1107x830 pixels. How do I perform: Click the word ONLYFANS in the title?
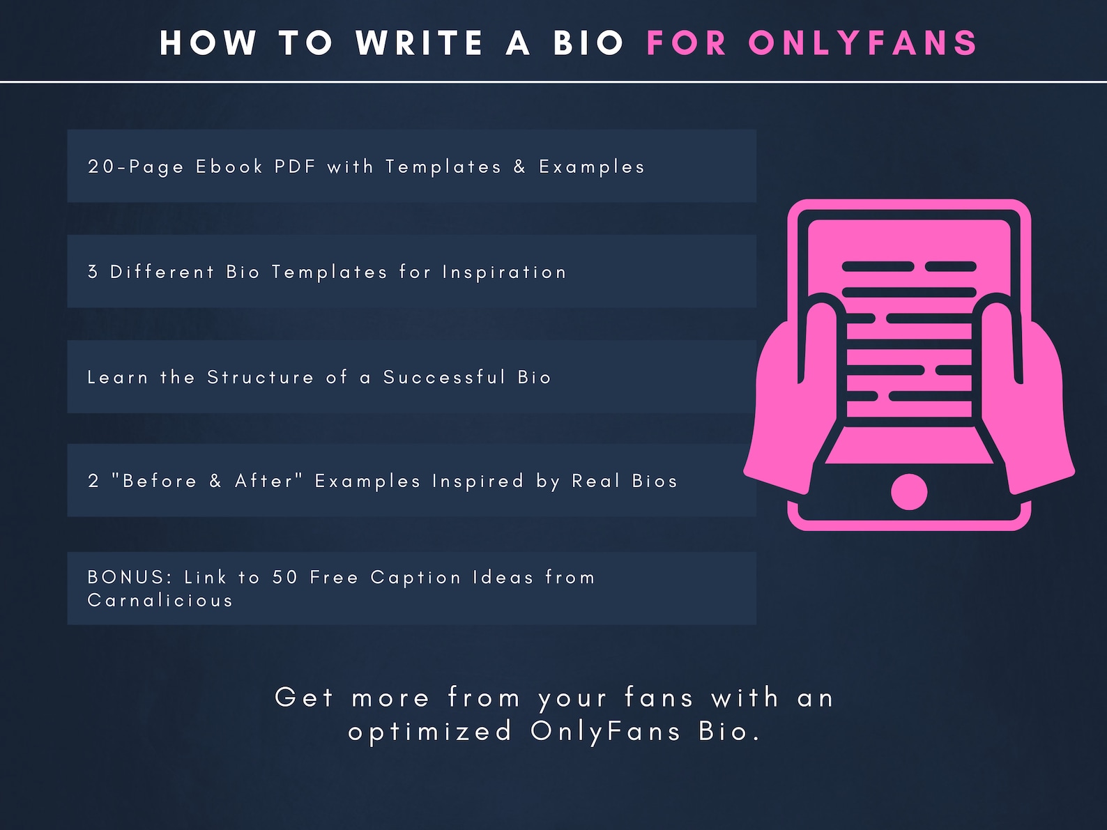pyautogui.click(x=864, y=43)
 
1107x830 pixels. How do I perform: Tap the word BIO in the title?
pyautogui.click(x=589, y=43)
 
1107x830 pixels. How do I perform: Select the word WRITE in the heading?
pyautogui.click(x=420, y=43)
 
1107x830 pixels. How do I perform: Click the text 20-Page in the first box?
pyautogui.click(x=137, y=167)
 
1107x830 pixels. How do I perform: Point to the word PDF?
pyautogui.click(x=295, y=167)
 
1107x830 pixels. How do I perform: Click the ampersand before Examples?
pyautogui.click(x=519, y=167)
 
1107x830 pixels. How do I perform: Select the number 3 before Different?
pyautogui.click(x=93, y=272)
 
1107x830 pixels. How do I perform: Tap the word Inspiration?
pyautogui.click(x=504, y=272)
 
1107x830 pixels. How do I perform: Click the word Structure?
pyautogui.click(x=261, y=377)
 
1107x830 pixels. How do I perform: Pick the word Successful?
pyautogui.click(x=444, y=377)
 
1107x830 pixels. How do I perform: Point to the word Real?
pyautogui.click(x=596, y=481)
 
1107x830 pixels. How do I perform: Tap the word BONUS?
pyautogui.click(x=130, y=577)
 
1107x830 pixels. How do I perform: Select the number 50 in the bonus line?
pyautogui.click(x=285, y=577)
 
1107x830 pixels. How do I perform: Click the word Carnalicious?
pyautogui.click(x=160, y=600)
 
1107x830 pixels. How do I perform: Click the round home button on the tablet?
pyautogui.click(x=909, y=491)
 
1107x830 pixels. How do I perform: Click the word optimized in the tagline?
pyautogui.click(x=430, y=732)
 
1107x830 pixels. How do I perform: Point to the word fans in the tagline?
pyautogui.click(x=659, y=698)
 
